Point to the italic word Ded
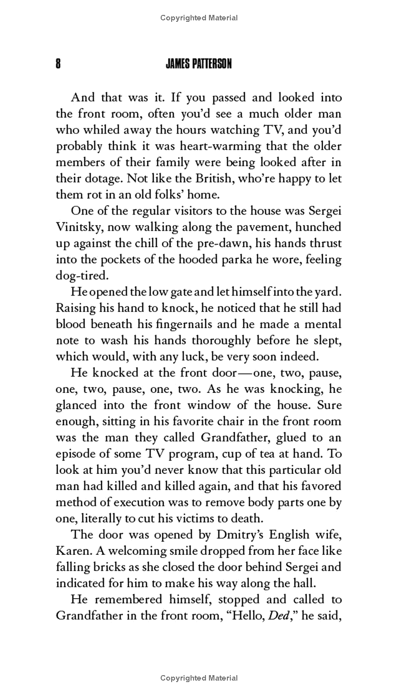(x=276, y=615)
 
